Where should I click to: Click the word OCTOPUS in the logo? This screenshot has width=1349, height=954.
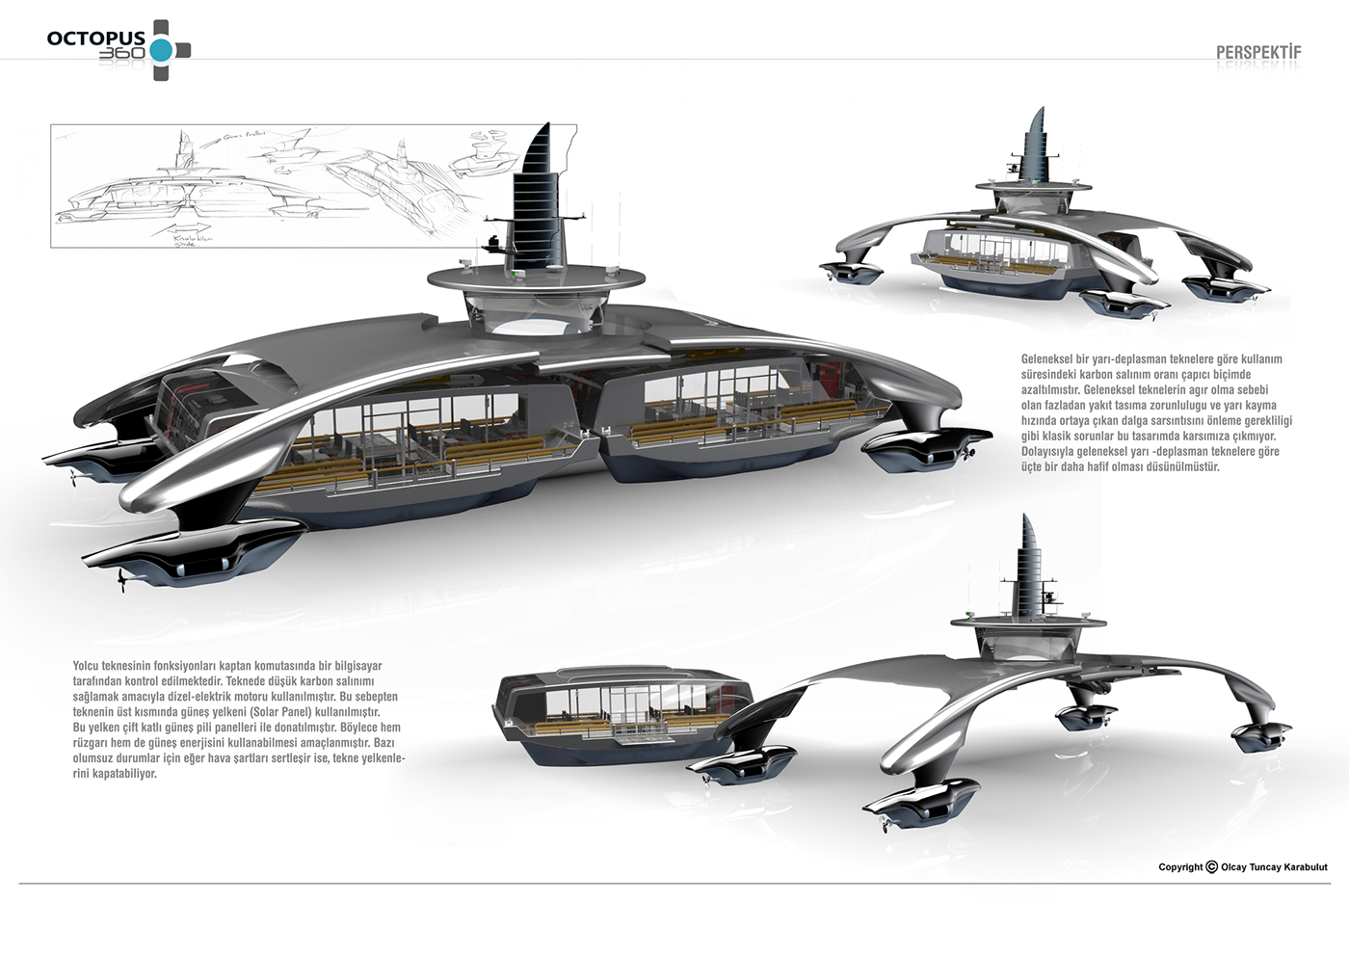(x=95, y=39)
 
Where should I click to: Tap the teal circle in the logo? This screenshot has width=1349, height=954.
(x=161, y=51)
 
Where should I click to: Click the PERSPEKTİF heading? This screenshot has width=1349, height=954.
(x=1258, y=52)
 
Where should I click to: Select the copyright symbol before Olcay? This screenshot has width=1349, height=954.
(x=1211, y=866)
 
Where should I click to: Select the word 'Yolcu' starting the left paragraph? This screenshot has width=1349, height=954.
(x=86, y=666)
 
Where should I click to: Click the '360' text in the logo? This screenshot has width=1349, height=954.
(x=121, y=54)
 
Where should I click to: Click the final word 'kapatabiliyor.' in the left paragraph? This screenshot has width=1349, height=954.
(x=115, y=774)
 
